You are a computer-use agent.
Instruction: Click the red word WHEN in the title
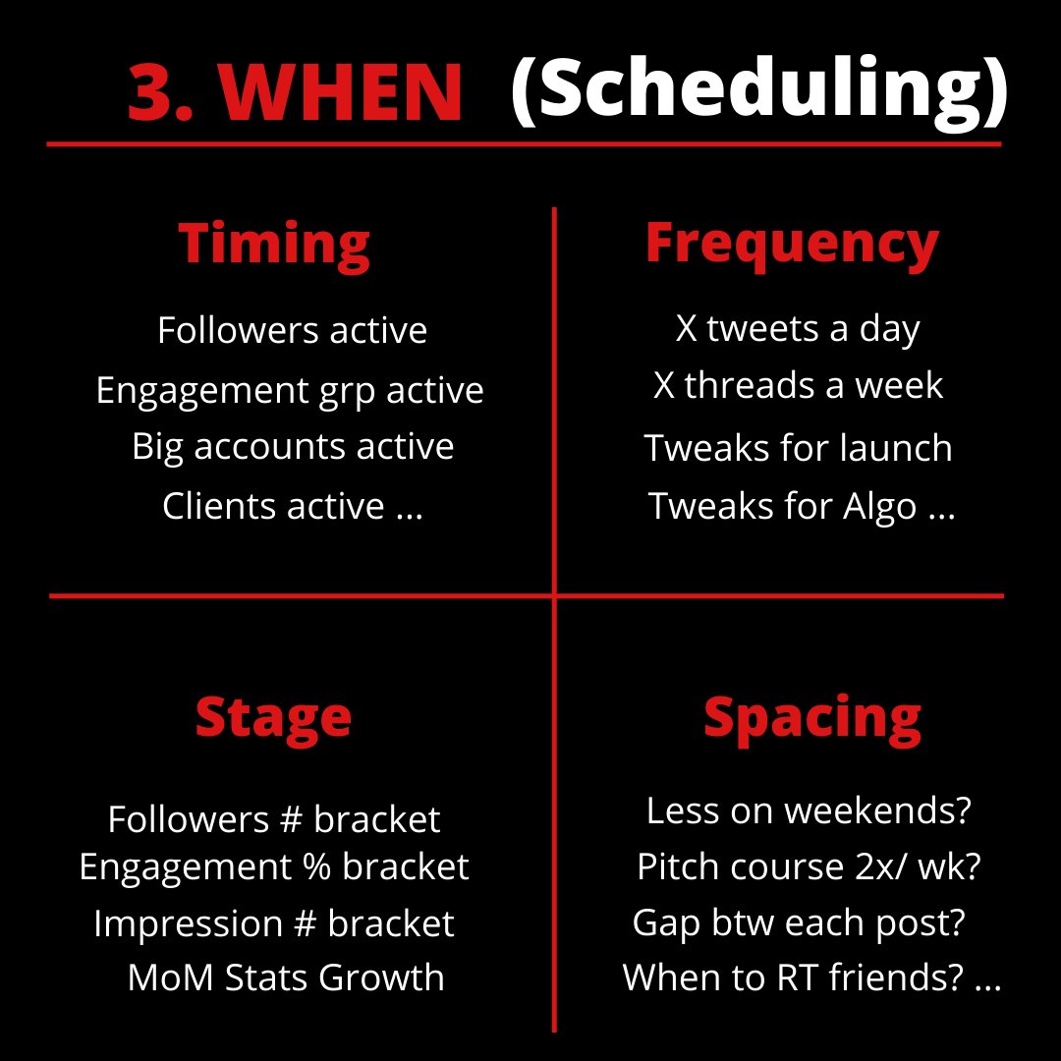[340, 93]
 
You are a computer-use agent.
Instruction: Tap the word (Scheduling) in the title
[758, 90]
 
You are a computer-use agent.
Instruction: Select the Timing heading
[274, 243]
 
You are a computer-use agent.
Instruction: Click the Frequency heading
[792, 243]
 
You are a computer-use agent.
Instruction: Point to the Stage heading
[273, 716]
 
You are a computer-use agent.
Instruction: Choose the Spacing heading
[812, 716]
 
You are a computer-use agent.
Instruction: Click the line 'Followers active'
[292, 330]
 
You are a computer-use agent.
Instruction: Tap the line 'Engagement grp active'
[290, 390]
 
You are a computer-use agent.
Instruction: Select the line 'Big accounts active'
[293, 446]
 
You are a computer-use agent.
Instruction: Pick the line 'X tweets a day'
[798, 328]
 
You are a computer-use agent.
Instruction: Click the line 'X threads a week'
[798, 385]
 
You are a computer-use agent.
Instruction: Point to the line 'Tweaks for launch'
[798, 448]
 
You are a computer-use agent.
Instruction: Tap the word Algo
[879, 507]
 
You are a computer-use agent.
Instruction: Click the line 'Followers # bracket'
[274, 818]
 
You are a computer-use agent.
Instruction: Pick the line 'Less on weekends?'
[809, 811]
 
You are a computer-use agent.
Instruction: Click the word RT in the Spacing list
[853, 977]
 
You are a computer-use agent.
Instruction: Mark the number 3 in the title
[154, 94]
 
